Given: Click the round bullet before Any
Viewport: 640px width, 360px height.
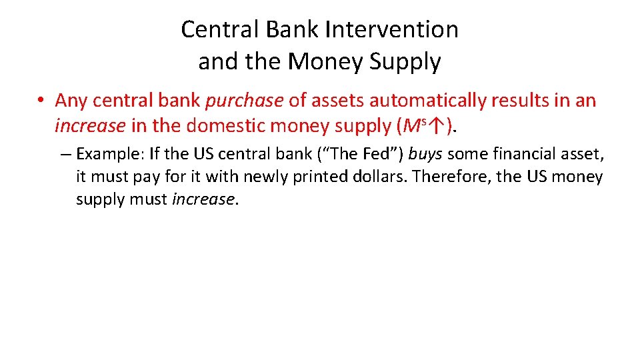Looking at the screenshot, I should tap(41, 101).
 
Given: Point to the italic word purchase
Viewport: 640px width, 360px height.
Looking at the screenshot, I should tap(245, 101).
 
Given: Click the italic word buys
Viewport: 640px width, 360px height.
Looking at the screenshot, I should tap(425, 155).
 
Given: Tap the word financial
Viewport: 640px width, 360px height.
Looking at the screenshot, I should tap(517, 155).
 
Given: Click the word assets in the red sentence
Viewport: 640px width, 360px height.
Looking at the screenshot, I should tap(339, 101).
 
